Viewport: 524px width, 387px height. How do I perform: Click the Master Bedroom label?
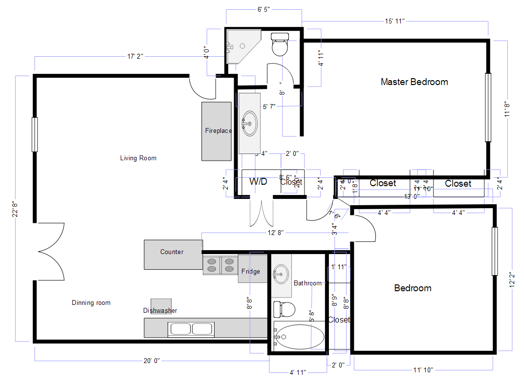[x=414, y=82]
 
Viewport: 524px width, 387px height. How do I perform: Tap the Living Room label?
[x=138, y=158]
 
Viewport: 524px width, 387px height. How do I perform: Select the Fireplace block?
[x=217, y=131]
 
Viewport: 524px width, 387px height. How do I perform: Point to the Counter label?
[x=172, y=252]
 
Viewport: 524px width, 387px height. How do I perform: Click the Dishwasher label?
[x=160, y=310]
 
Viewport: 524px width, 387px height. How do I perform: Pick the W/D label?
[x=259, y=182]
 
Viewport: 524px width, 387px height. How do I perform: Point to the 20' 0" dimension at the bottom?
[x=152, y=361]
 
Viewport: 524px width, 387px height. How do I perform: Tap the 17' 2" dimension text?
[x=135, y=57]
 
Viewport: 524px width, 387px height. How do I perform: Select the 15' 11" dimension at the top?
[x=395, y=21]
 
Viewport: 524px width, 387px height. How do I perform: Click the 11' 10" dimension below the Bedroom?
[x=423, y=370]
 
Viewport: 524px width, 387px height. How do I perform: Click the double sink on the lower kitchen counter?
[x=191, y=329]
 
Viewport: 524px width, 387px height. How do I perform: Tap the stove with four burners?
[x=220, y=265]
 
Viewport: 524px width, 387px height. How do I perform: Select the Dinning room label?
[x=91, y=303]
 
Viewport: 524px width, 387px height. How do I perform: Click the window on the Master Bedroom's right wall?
[x=488, y=107]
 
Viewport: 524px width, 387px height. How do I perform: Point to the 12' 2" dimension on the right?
[x=512, y=280]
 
